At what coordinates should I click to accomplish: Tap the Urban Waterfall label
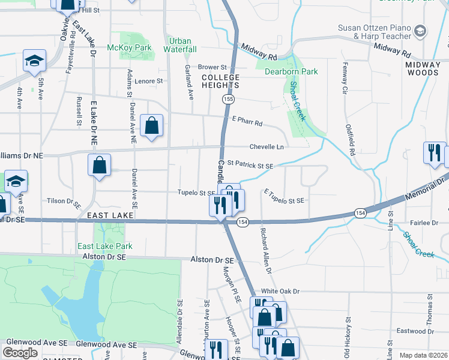click(180, 45)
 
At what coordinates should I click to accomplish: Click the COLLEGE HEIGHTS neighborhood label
click(220, 82)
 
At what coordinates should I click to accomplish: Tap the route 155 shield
click(228, 98)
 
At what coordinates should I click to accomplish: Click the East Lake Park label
click(104, 246)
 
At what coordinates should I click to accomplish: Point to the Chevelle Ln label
click(267, 146)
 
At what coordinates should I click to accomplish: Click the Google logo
click(20, 353)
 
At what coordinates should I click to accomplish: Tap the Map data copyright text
click(423, 355)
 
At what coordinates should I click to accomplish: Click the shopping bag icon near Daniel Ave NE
click(152, 126)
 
